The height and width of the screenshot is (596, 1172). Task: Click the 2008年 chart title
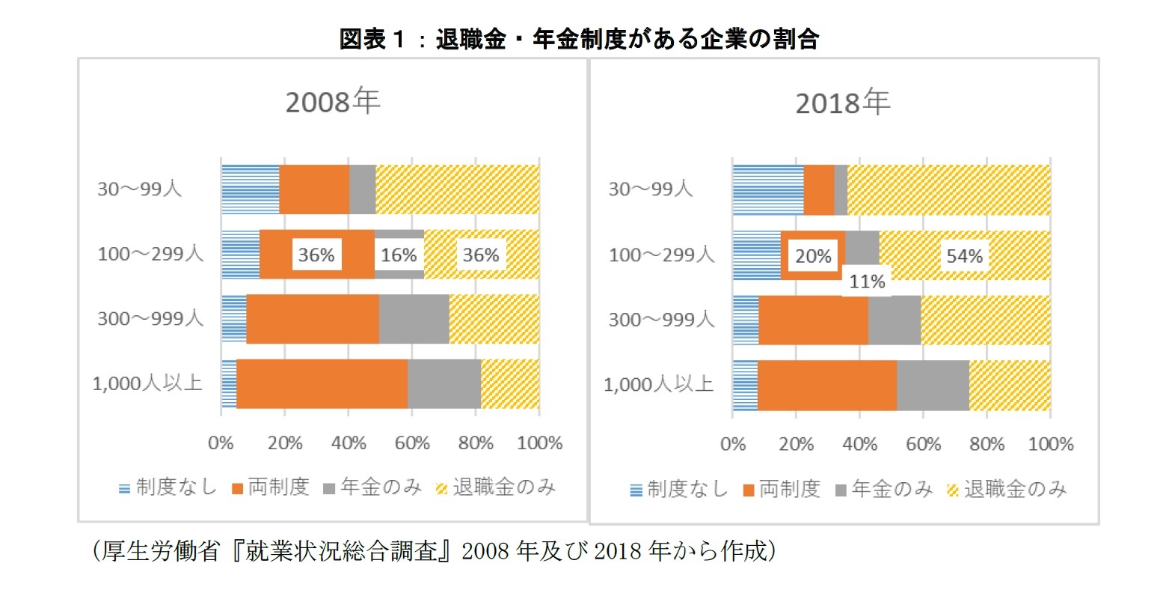click(x=333, y=102)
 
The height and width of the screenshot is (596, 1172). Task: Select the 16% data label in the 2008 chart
click(x=399, y=255)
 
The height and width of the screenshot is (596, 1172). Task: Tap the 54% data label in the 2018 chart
click(x=964, y=256)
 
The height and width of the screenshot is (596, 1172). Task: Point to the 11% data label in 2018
click(x=867, y=282)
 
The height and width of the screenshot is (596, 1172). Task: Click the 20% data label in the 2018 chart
click(x=813, y=256)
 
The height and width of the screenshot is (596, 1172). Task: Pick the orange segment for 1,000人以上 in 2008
click(x=322, y=384)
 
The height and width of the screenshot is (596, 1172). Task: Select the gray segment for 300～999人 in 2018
click(x=895, y=320)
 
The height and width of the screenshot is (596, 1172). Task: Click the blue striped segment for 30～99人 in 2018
click(x=768, y=189)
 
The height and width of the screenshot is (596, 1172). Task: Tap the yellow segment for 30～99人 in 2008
click(x=457, y=189)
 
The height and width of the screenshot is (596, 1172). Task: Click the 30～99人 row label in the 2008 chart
click(x=140, y=189)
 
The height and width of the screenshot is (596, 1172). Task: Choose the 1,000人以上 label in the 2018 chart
click(x=658, y=385)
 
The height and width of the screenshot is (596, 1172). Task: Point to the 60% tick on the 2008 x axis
click(x=412, y=443)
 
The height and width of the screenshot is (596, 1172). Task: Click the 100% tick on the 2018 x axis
click(x=1050, y=444)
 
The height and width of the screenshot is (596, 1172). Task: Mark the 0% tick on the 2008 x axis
click(x=221, y=443)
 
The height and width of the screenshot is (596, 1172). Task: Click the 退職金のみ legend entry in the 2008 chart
click(x=496, y=488)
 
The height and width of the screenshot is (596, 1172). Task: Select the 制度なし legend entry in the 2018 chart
click(x=678, y=490)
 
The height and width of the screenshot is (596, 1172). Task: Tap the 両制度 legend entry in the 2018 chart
click(x=782, y=490)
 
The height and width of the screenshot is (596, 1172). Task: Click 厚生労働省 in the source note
click(x=161, y=552)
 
